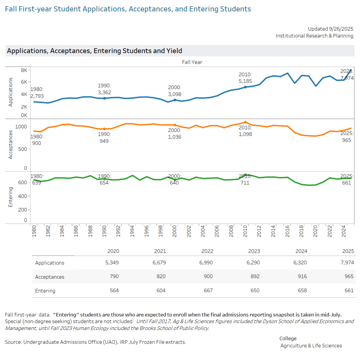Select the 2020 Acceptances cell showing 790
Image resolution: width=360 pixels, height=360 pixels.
[x=114, y=277]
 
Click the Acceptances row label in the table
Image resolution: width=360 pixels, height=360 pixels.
[x=50, y=277]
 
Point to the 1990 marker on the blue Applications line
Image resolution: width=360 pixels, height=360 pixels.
[x=104, y=98]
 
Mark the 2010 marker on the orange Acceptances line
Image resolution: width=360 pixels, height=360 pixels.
[x=245, y=122]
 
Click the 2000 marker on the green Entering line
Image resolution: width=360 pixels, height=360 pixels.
[x=175, y=180]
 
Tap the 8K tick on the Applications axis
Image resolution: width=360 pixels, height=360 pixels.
[x=24, y=70]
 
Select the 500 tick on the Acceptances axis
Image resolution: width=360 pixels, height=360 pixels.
[x=22, y=149]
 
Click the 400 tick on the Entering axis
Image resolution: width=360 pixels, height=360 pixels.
[x=22, y=196]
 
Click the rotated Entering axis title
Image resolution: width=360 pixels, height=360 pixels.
[x=10, y=197]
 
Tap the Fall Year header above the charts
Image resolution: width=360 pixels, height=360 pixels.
[x=192, y=62]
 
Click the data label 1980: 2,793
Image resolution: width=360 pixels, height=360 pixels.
[x=37, y=93]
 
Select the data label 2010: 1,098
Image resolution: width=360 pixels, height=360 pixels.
[x=245, y=131]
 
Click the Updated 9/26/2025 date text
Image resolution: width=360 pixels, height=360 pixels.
[x=330, y=29]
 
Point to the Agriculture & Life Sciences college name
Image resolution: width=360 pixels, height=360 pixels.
[x=311, y=346]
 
